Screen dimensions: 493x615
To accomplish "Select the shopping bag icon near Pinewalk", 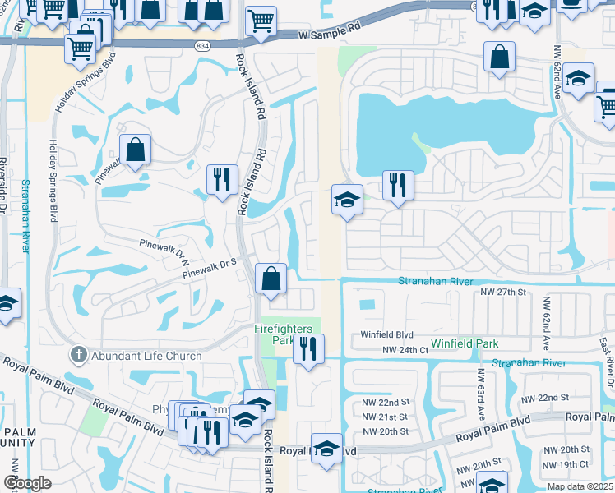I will pos(136,151).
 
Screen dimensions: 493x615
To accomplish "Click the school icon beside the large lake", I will pos(347,200).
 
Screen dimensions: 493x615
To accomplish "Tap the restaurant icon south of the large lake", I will pos(398,185).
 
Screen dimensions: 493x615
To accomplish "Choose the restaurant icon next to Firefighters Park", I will pos(308,348).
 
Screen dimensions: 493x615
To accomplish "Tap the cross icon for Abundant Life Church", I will pos(77,356).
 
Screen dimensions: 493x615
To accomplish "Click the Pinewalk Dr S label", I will pos(210,268).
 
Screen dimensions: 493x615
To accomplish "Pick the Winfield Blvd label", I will pos(386,335).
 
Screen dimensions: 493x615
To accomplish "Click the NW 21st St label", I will pos(386,417).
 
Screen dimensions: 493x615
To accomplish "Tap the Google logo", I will pos(27,483).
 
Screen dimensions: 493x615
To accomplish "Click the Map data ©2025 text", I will pos(580,486).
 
